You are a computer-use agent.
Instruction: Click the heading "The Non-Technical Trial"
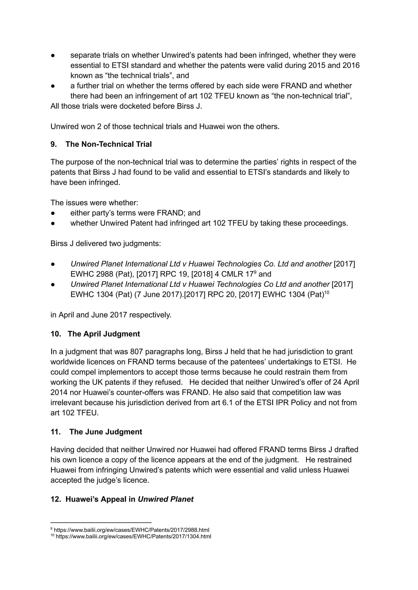click(x=108, y=144)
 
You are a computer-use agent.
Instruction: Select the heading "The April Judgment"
click(x=104, y=334)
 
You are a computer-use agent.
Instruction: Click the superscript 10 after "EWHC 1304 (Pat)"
click(x=327, y=292)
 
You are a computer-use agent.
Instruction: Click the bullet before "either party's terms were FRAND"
click(x=53, y=213)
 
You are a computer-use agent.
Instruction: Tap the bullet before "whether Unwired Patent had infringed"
click(x=53, y=223)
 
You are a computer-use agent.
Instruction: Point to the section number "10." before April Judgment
click(x=56, y=334)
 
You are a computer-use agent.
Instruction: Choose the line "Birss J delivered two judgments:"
click(x=106, y=243)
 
